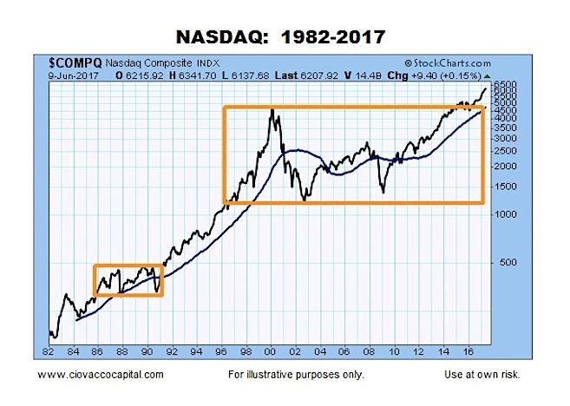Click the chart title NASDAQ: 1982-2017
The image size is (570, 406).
(x=280, y=36)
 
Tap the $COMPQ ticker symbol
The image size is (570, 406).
(x=75, y=63)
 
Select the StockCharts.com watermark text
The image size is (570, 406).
(x=448, y=63)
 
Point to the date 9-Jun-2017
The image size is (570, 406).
(x=74, y=75)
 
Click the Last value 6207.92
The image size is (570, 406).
(x=319, y=75)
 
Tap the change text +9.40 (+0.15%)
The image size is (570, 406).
(x=447, y=75)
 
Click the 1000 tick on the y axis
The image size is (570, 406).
(x=505, y=214)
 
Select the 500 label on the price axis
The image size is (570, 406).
(x=508, y=262)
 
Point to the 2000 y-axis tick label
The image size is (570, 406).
(x=505, y=166)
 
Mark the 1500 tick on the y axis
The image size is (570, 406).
(x=505, y=187)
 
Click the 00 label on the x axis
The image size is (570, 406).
(x=271, y=351)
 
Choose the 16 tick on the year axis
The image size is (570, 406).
(x=468, y=351)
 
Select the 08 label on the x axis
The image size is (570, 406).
(x=370, y=351)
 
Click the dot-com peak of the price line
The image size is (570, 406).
(x=272, y=109)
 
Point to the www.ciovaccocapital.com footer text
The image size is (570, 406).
(x=101, y=375)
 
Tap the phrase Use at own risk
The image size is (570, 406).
(x=482, y=375)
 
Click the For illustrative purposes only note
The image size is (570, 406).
(x=296, y=375)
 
